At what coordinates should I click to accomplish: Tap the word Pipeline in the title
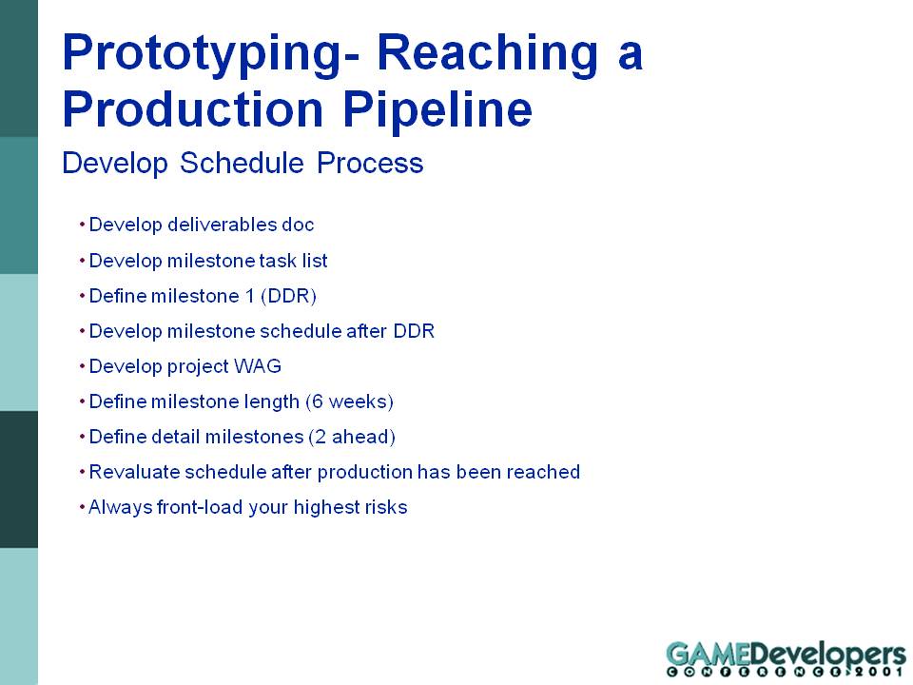[x=437, y=110]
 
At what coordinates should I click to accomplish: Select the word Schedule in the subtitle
[x=242, y=163]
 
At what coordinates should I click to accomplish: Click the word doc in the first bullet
[x=298, y=225]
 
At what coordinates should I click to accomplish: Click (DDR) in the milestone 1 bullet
[x=289, y=296]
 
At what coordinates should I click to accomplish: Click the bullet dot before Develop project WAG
[x=82, y=367]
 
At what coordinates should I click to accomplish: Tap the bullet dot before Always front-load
[x=82, y=508]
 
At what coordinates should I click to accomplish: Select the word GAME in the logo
[x=709, y=654]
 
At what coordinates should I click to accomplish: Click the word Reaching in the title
[x=487, y=53]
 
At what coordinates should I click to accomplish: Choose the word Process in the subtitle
[x=370, y=163]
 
